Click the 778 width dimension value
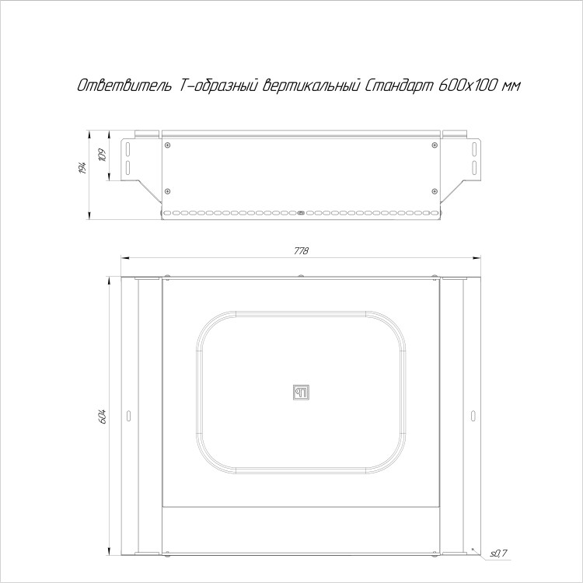pos(301,251)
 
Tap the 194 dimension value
pos(83,168)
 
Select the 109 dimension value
pos(103,155)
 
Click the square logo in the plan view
pos(301,393)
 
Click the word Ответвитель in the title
pos(124,86)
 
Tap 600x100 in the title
pos(468,86)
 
